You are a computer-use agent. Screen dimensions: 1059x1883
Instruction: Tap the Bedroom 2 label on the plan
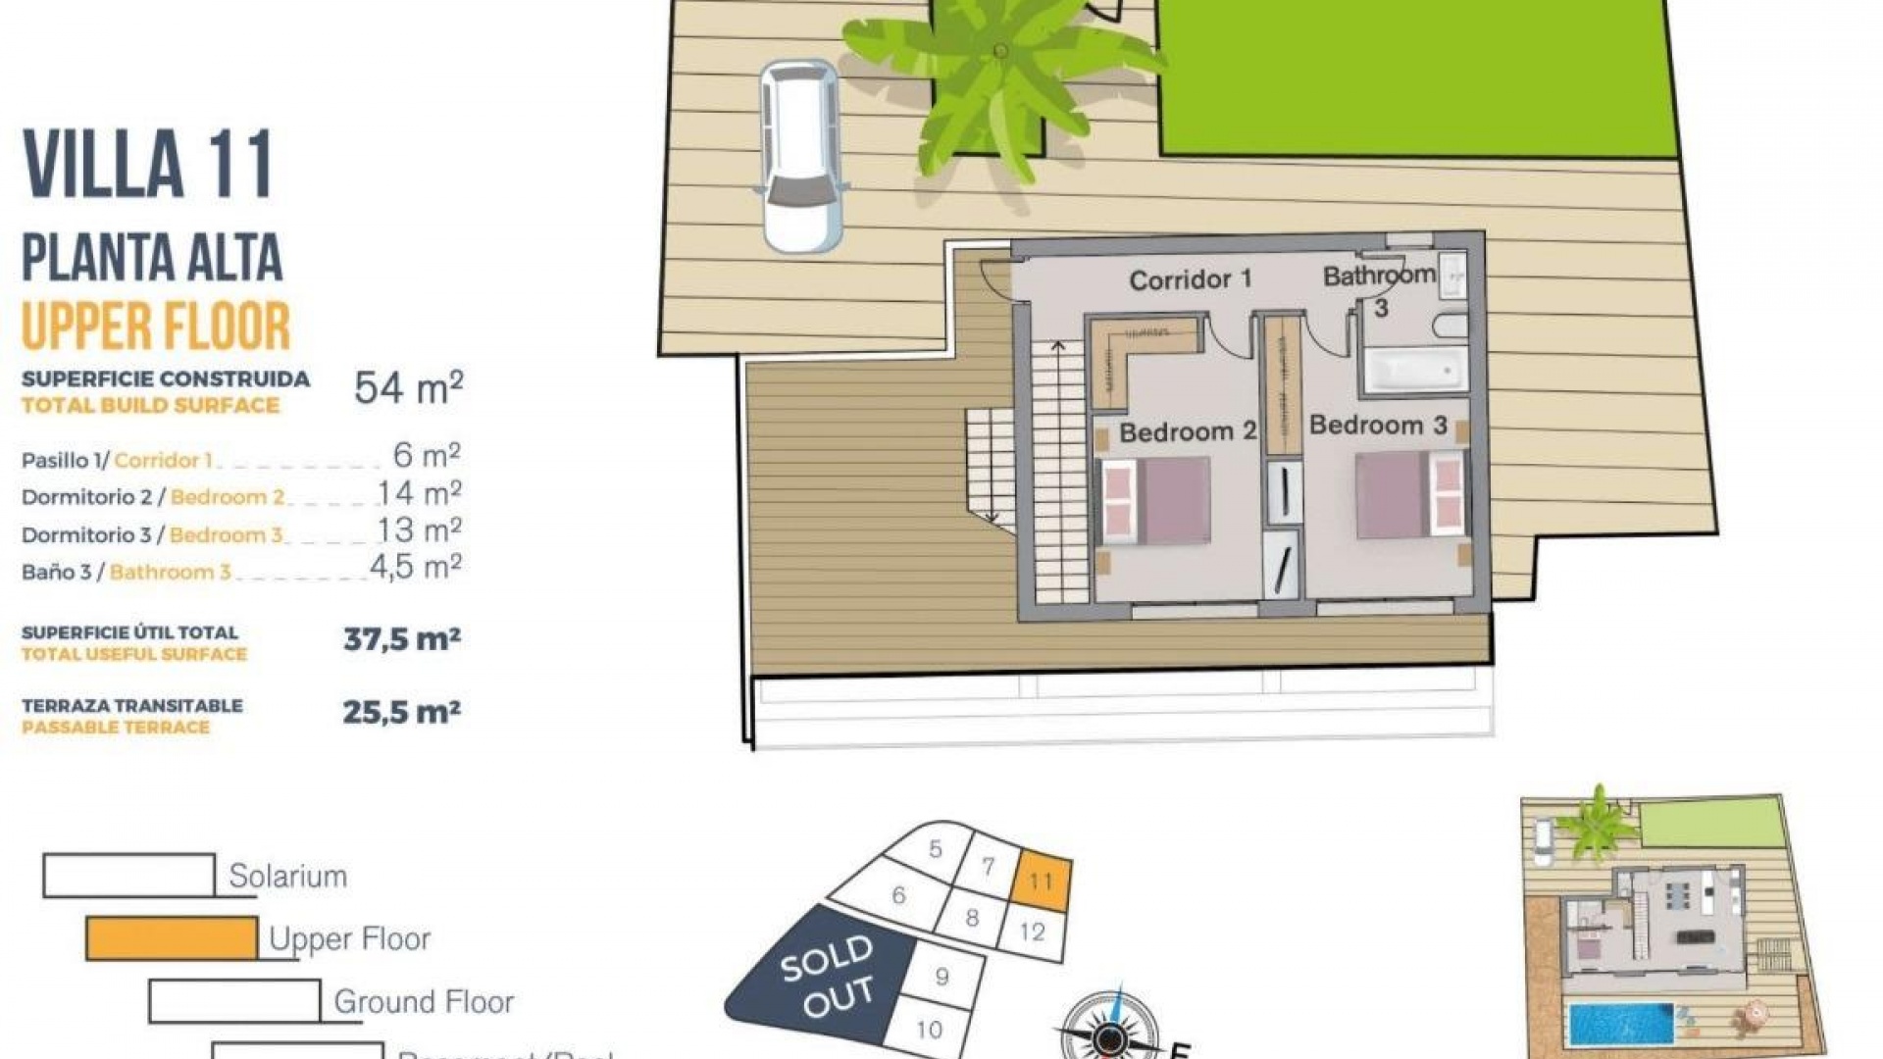pyautogui.click(x=1187, y=431)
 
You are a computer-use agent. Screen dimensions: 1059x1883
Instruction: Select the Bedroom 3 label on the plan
pyautogui.click(x=1378, y=425)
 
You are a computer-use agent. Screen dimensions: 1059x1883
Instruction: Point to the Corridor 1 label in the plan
pyautogui.click(x=1190, y=280)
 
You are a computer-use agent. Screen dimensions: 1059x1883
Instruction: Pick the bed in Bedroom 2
pyautogui.click(x=1155, y=501)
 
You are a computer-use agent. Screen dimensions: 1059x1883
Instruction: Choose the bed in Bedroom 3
pyautogui.click(x=1409, y=495)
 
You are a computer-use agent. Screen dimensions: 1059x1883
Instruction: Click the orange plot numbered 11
pyautogui.click(x=1041, y=880)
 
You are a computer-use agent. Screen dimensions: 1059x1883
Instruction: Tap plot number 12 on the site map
pyautogui.click(x=1032, y=931)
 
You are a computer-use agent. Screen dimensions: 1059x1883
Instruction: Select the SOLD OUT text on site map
pyautogui.click(x=826, y=975)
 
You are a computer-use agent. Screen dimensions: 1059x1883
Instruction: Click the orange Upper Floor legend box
pyautogui.click(x=172, y=938)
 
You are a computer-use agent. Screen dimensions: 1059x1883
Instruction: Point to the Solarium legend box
pyautogui.click(x=128, y=875)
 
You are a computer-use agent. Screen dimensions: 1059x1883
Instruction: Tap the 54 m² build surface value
pyautogui.click(x=408, y=388)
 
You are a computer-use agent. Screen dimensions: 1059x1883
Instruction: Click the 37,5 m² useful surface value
pyautogui.click(x=402, y=639)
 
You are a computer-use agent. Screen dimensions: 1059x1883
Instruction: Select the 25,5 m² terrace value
pyautogui.click(x=401, y=712)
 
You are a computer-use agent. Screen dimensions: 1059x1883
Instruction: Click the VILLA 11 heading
pyautogui.click(x=147, y=165)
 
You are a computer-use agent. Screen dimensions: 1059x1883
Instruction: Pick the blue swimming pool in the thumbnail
pyautogui.click(x=1621, y=1023)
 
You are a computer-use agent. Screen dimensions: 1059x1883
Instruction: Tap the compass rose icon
pyautogui.click(x=1109, y=1034)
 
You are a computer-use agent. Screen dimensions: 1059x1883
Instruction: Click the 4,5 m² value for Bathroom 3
pyautogui.click(x=415, y=568)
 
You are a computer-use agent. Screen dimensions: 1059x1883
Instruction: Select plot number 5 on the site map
pyautogui.click(x=936, y=848)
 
